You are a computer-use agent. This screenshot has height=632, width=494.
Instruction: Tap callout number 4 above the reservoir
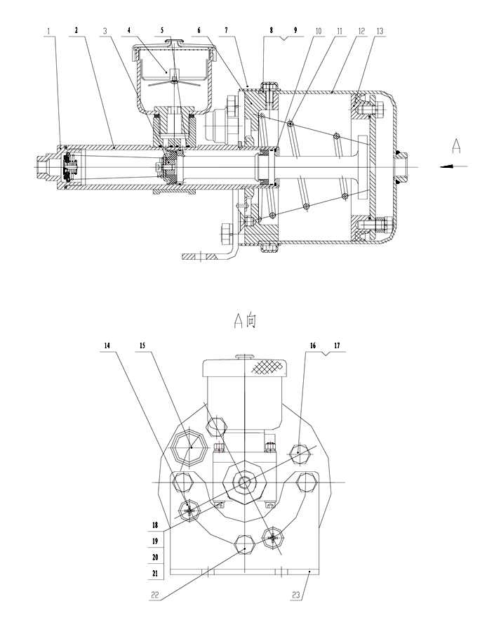pyautogui.click(x=129, y=31)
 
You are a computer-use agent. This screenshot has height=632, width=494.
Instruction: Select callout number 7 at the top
pyautogui.click(x=226, y=31)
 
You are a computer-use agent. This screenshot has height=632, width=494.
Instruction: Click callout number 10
pyautogui.click(x=318, y=31)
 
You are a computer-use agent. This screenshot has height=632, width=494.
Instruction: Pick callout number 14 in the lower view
pyautogui.click(x=107, y=345)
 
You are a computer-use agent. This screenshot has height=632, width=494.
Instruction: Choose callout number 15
pyautogui.click(x=142, y=345)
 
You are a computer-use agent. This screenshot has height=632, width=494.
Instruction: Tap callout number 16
pyautogui.click(x=313, y=345)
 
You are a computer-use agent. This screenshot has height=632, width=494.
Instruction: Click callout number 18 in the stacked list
pyautogui.click(x=155, y=525)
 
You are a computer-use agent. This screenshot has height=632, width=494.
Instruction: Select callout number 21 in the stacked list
pyautogui.click(x=155, y=573)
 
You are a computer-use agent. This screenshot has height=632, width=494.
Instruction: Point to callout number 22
pyautogui.click(x=154, y=595)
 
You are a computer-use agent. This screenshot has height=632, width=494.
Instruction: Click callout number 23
pyautogui.click(x=296, y=595)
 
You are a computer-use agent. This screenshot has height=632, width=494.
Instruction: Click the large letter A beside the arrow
pyautogui.click(x=455, y=146)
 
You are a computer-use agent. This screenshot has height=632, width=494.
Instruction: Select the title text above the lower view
pyautogui.click(x=245, y=320)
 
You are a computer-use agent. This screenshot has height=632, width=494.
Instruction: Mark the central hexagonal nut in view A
pyautogui.click(x=244, y=482)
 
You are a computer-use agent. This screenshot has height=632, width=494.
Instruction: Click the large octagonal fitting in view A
pyautogui.click(x=189, y=447)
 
